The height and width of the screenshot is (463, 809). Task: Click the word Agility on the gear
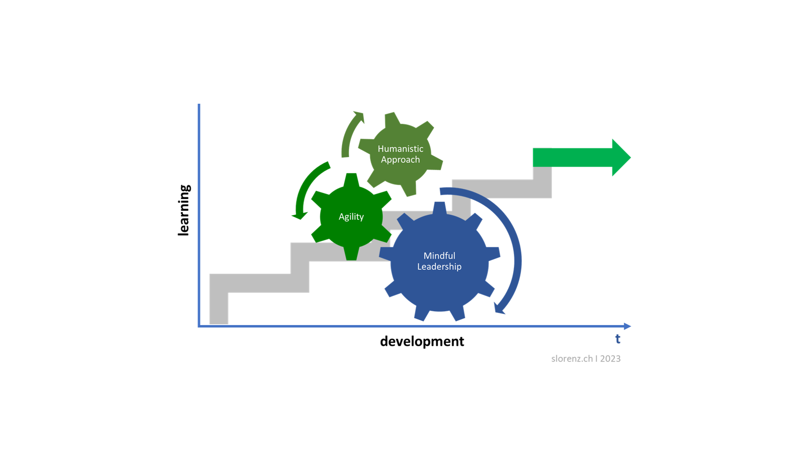[351, 216]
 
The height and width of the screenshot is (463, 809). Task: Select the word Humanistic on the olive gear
[400, 149]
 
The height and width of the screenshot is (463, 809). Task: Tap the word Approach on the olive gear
[400, 160]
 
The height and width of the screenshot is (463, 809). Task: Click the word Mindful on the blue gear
[439, 256]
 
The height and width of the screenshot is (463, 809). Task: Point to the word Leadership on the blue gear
[439, 267]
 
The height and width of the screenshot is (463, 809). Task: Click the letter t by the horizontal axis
[618, 339]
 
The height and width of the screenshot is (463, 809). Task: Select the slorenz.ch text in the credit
[572, 358]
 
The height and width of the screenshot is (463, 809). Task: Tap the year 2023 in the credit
[610, 358]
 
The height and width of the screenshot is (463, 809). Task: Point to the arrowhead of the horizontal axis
[628, 326]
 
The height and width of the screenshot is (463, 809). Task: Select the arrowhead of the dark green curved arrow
[299, 215]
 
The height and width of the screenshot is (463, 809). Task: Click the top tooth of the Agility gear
[351, 179]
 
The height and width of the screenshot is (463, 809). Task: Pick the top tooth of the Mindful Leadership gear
[439, 207]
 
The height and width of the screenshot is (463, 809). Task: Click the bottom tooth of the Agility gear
[351, 254]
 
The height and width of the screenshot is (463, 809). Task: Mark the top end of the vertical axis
[199, 105]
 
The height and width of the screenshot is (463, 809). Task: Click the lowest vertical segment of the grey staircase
[219, 305]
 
